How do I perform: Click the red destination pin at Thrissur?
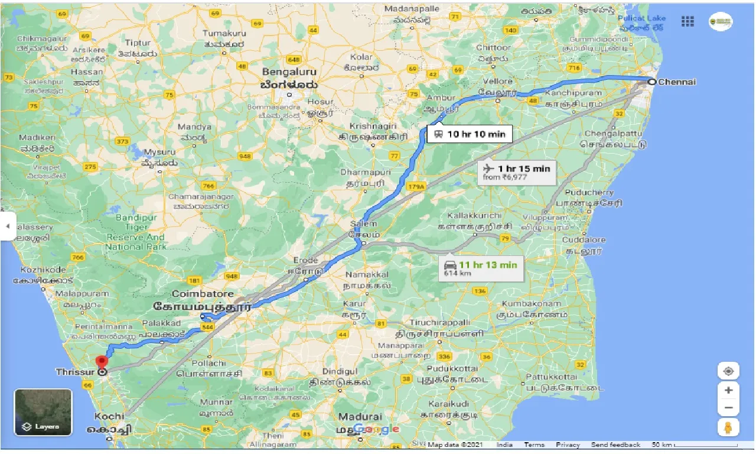tap(102, 362)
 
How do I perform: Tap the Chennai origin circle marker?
tap(651, 82)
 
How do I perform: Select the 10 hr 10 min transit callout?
tap(470, 134)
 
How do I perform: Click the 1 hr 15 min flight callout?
tap(516, 172)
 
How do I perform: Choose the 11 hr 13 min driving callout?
tap(481, 268)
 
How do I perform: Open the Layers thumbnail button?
tap(43, 412)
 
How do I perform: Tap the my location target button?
tap(728, 371)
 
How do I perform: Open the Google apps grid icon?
tap(687, 21)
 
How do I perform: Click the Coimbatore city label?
tap(203, 294)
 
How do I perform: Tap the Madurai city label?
tap(360, 417)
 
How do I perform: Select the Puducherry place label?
tap(589, 193)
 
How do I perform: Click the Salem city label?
tap(363, 224)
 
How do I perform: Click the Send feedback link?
tap(615, 445)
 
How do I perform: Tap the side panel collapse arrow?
tap(8, 226)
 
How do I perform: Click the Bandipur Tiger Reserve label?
tap(135, 232)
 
